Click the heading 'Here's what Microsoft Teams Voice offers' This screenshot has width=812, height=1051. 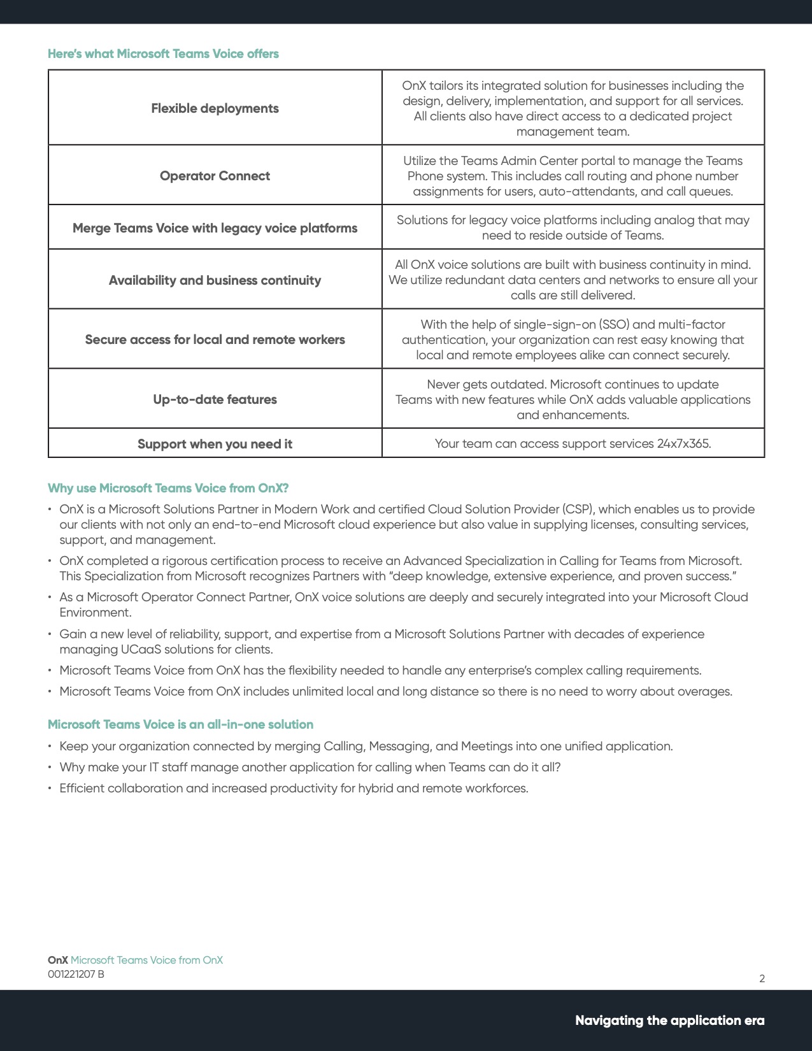coord(163,54)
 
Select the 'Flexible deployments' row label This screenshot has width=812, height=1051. coord(215,108)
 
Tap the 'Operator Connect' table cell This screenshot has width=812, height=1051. coord(215,176)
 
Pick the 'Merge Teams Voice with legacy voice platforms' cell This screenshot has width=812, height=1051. coord(215,228)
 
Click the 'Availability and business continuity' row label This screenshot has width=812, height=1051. coord(215,280)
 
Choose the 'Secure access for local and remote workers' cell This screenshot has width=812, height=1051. coord(215,340)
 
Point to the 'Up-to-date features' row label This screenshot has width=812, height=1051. coord(215,399)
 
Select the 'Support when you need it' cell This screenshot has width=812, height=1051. coord(215,444)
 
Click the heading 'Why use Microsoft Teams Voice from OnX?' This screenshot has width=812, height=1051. coord(168,488)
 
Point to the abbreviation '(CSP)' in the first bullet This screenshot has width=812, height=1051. coord(578,509)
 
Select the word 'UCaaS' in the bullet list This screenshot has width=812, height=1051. coord(137,649)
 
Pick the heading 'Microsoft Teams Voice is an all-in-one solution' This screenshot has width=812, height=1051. coord(180,724)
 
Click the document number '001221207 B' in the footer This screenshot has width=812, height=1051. coord(76,974)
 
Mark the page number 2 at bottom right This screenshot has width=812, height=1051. coord(762,978)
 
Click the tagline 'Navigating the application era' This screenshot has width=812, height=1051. coord(669,1020)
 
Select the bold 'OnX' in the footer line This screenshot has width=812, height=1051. coord(58,960)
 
